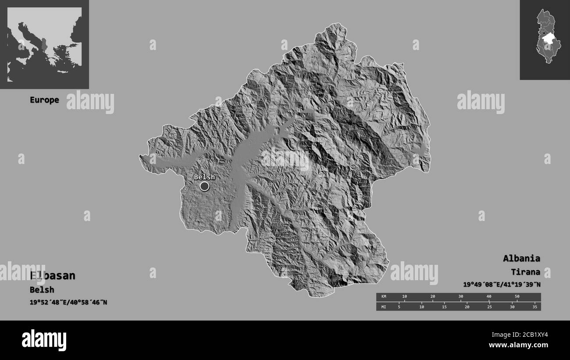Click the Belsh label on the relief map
204,177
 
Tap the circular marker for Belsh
204,186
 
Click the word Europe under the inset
44,100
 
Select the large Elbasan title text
53,276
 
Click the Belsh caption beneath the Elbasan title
42,290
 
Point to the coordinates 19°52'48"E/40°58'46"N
68,302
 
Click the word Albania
521,258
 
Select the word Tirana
525,272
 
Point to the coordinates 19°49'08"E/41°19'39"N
502,285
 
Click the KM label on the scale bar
384,297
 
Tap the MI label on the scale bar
384,307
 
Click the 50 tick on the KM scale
517,297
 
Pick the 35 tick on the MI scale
534,307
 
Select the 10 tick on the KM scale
404,297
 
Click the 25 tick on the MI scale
489,307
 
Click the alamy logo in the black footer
44,340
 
